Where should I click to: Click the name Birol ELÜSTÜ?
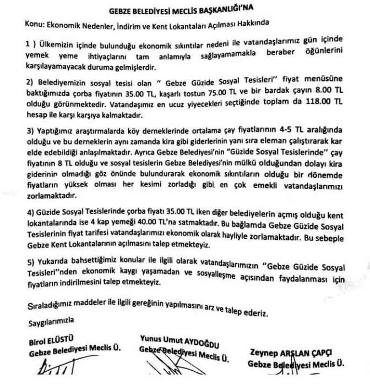pyautogui.click(x=51, y=341)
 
